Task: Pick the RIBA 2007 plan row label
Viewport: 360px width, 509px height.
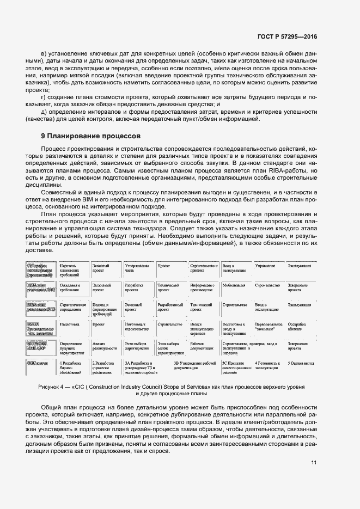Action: (39, 288)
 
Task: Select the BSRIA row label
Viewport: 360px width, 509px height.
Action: (39, 327)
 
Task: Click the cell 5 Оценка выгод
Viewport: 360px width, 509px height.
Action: (301, 363)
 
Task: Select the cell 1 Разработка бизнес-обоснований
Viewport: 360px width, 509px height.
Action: (72, 367)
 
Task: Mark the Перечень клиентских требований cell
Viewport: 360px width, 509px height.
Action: (71, 269)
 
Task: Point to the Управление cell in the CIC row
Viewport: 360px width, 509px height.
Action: (265, 266)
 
